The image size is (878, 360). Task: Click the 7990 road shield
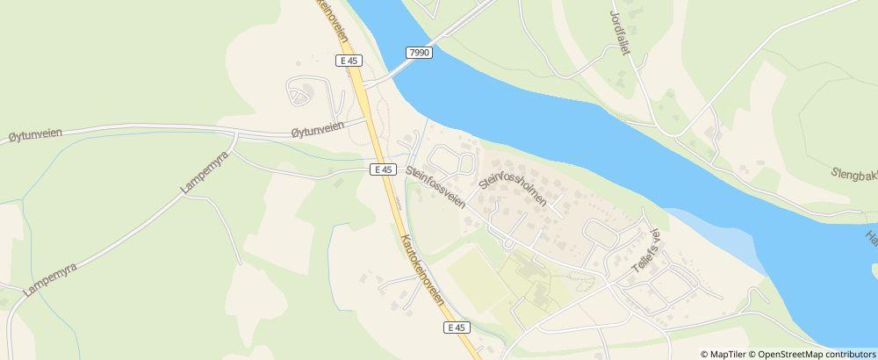(x=420, y=54)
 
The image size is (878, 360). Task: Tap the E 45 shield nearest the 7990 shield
(x=349, y=61)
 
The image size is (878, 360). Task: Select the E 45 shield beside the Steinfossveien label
(x=380, y=169)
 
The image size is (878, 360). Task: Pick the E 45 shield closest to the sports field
(x=454, y=328)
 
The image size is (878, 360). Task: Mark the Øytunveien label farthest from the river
(x=34, y=137)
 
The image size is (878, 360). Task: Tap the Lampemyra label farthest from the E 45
(x=46, y=277)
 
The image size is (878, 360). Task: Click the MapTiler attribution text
(x=729, y=353)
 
